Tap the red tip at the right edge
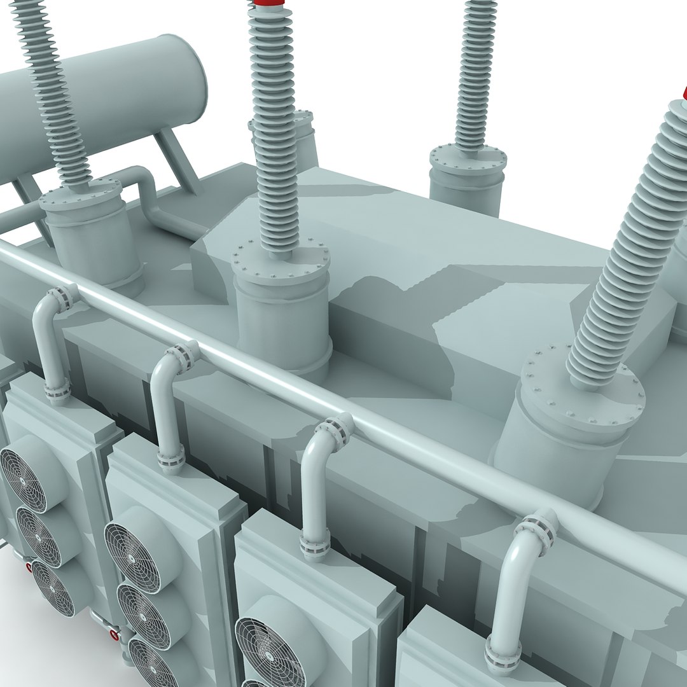point(684,94)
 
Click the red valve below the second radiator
point(114,634)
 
